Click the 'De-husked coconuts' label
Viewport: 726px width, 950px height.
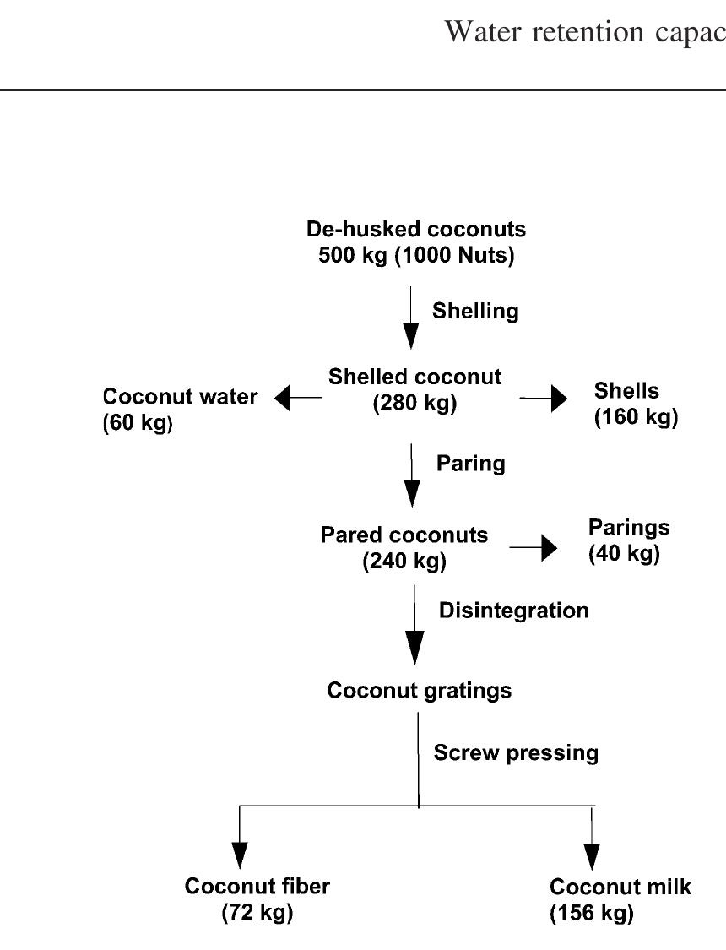(x=415, y=229)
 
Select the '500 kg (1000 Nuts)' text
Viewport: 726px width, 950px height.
(x=415, y=255)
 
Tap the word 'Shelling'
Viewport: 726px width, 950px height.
(x=475, y=311)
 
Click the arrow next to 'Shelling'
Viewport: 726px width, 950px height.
(x=411, y=318)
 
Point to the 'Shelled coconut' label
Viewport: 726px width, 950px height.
(x=414, y=377)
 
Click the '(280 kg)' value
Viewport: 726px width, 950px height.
(x=414, y=404)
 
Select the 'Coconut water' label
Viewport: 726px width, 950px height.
(x=181, y=397)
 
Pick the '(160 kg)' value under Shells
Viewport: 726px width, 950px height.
(x=636, y=417)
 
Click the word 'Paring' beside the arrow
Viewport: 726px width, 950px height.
(x=470, y=463)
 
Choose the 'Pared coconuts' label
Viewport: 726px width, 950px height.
(x=404, y=535)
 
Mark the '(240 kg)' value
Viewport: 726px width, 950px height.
(x=404, y=562)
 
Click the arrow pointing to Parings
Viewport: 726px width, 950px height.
(x=534, y=548)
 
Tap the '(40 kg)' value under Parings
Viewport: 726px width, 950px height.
(x=624, y=554)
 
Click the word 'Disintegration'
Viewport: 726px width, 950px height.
(x=513, y=611)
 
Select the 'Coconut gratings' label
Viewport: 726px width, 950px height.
(x=419, y=691)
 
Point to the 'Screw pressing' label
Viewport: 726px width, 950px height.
(x=516, y=752)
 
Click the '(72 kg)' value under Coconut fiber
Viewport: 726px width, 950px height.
(x=257, y=913)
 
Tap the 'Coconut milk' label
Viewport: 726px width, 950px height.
(x=620, y=887)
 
